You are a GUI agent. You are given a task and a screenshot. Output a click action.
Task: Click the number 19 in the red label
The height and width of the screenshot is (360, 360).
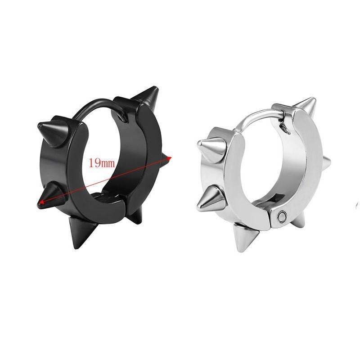94,163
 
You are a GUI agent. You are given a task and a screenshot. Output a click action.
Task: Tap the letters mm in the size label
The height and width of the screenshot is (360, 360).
107,164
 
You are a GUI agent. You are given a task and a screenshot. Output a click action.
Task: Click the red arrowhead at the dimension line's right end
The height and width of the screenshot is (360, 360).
170,158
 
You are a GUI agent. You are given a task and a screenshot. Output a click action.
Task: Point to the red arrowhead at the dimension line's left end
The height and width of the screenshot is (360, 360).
41,202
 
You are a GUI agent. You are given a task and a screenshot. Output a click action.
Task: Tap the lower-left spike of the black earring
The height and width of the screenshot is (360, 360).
51,196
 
